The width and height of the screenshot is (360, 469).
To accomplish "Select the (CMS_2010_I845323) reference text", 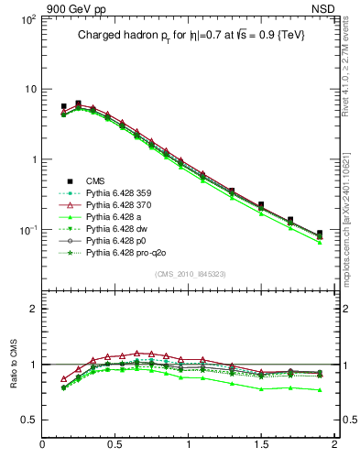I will tap(189, 274).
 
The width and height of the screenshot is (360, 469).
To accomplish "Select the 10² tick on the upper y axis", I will tap(27, 19).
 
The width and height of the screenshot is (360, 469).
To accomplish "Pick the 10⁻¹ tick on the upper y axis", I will tap(27, 229).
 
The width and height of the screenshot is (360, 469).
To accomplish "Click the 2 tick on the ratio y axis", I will tap(31, 309).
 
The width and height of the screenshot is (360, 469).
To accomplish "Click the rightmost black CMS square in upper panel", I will tap(320, 234).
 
